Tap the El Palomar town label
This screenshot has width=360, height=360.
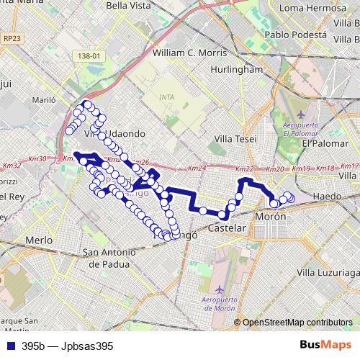tap(325, 143)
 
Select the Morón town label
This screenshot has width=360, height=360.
tap(271, 216)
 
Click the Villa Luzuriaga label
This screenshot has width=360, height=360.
tap(328, 273)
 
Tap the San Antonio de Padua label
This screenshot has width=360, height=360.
tap(109, 258)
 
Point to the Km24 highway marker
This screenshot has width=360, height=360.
tap(197, 168)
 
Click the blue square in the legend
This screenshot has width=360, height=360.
tap(10, 346)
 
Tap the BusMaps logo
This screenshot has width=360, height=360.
tap(330, 346)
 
